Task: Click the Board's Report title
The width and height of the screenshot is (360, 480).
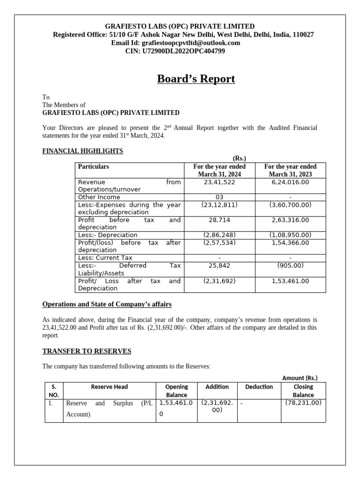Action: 195,79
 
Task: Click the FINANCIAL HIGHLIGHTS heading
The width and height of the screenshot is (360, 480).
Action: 82,151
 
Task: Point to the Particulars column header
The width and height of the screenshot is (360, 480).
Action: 93,166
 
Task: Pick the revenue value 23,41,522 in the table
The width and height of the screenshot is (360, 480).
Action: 219,182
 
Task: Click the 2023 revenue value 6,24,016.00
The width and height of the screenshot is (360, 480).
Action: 290,182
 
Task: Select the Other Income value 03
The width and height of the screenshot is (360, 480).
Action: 219,197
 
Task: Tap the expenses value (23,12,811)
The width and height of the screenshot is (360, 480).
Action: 219,205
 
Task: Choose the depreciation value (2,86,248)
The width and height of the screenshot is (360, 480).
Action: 219,235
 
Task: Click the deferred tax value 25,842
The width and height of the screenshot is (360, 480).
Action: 219,265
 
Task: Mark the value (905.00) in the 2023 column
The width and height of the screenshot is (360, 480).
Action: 290,265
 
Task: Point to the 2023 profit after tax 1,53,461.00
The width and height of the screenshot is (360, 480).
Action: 290,281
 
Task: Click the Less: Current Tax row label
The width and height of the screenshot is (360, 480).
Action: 105,258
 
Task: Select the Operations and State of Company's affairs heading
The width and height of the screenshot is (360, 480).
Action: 107,305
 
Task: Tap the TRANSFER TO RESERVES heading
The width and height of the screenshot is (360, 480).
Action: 87,351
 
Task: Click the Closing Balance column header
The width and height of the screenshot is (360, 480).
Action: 303,391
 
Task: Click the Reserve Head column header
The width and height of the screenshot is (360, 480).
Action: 109,387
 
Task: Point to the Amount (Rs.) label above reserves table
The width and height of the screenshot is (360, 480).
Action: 300,378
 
